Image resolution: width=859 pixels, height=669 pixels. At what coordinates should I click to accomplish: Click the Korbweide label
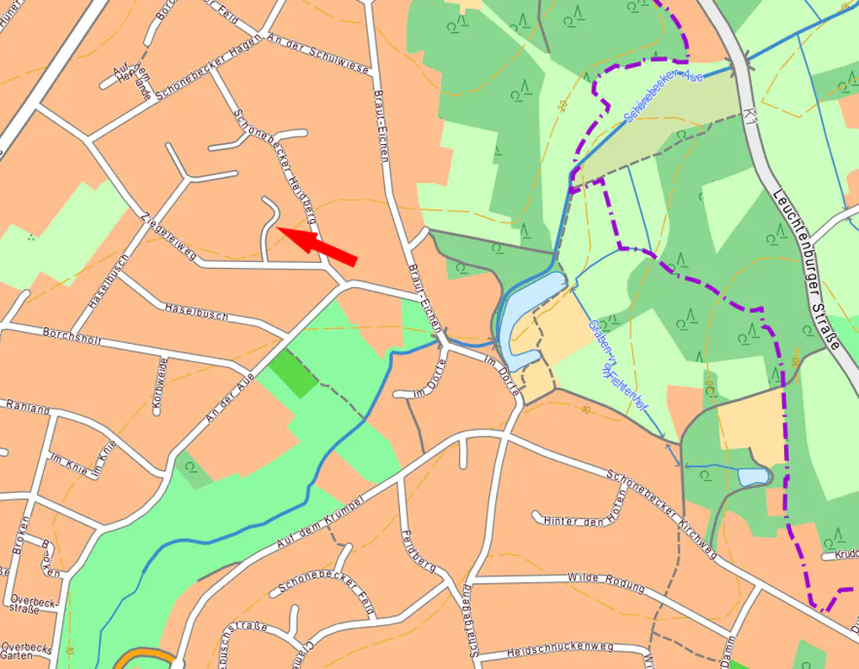(x=158, y=385)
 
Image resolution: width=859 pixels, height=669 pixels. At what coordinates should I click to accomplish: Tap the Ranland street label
(x=27, y=406)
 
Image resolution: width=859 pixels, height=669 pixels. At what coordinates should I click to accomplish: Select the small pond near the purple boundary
(x=752, y=477)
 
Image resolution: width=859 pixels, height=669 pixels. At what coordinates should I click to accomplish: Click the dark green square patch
(x=293, y=372)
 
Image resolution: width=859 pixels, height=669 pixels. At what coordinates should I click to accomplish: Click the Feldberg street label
(x=419, y=552)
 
